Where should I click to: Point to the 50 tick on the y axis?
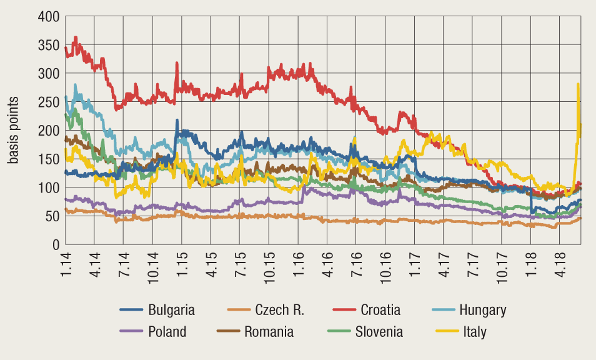52,216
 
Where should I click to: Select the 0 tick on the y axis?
56,244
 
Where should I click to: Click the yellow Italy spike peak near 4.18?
578,84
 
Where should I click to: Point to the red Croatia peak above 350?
76,37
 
